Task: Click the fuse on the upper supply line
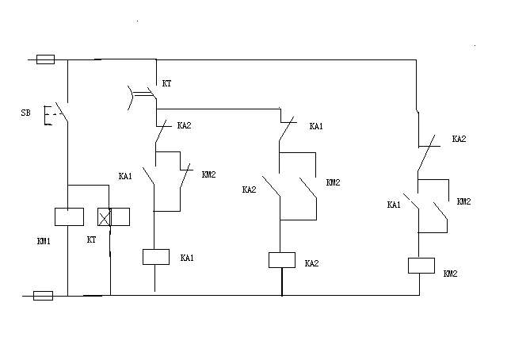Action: point(46,59)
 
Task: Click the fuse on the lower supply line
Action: point(44,295)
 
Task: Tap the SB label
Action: point(25,113)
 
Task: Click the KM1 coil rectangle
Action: point(69,216)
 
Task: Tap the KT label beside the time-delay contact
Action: point(166,82)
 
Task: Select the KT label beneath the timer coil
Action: point(90,239)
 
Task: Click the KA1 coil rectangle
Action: point(155,256)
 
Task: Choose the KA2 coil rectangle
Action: point(282,259)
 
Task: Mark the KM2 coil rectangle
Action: point(420,265)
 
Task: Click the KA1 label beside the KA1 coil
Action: point(187,258)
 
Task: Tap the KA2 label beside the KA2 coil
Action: point(311,263)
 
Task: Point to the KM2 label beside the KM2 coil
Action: point(450,274)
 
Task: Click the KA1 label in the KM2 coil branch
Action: point(393,205)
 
